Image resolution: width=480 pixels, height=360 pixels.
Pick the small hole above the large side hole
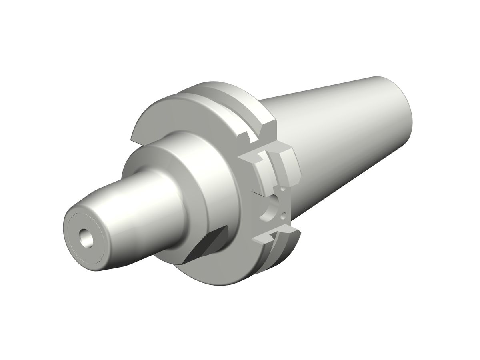pyautogui.click(x=282, y=188)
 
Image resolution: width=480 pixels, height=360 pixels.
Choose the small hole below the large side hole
pyautogui.click(x=284, y=216)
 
